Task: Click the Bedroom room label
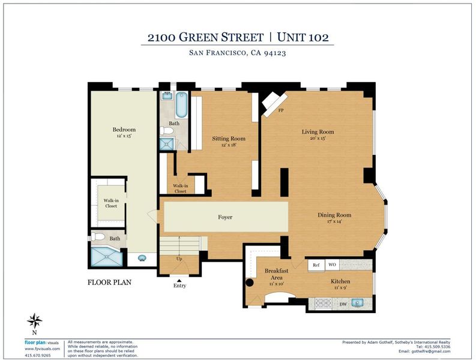click(x=124, y=130)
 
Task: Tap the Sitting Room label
click(x=229, y=139)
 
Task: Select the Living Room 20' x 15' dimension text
click(x=318, y=139)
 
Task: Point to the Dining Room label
click(x=334, y=215)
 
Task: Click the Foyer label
click(x=225, y=217)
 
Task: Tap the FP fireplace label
click(x=281, y=110)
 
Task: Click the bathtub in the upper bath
click(x=181, y=106)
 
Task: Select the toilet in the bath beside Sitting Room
click(x=166, y=131)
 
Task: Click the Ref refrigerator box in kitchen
click(x=316, y=265)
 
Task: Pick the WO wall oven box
click(x=332, y=265)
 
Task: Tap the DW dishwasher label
click(x=343, y=304)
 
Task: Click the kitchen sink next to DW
click(x=357, y=303)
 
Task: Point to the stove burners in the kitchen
click(x=323, y=303)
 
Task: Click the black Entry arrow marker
click(x=179, y=280)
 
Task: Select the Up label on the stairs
click(x=179, y=259)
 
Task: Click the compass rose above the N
click(x=35, y=321)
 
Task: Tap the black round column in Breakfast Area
click(x=250, y=283)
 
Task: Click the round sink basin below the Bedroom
click(x=142, y=258)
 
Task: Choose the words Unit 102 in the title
click(x=303, y=37)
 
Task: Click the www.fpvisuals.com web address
click(x=43, y=349)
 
